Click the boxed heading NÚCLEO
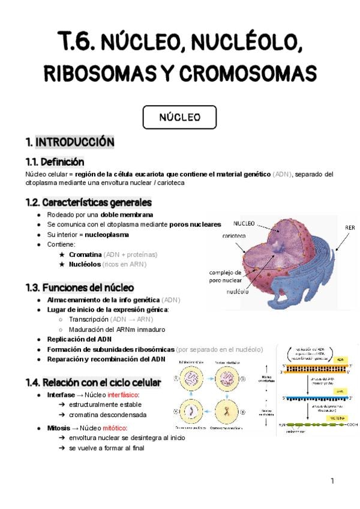(x=179, y=117)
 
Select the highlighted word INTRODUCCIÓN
(x=75, y=142)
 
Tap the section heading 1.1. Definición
(x=55, y=161)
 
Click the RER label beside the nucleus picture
(x=350, y=228)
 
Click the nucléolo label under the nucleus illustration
(x=238, y=292)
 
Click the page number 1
(x=332, y=481)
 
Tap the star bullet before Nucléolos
(x=62, y=264)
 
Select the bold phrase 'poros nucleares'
(x=195, y=224)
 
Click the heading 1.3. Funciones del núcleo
(x=80, y=288)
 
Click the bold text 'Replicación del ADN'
(x=79, y=339)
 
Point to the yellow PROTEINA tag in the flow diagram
(x=338, y=417)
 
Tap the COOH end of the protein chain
(x=352, y=424)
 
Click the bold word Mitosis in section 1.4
(x=58, y=427)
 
